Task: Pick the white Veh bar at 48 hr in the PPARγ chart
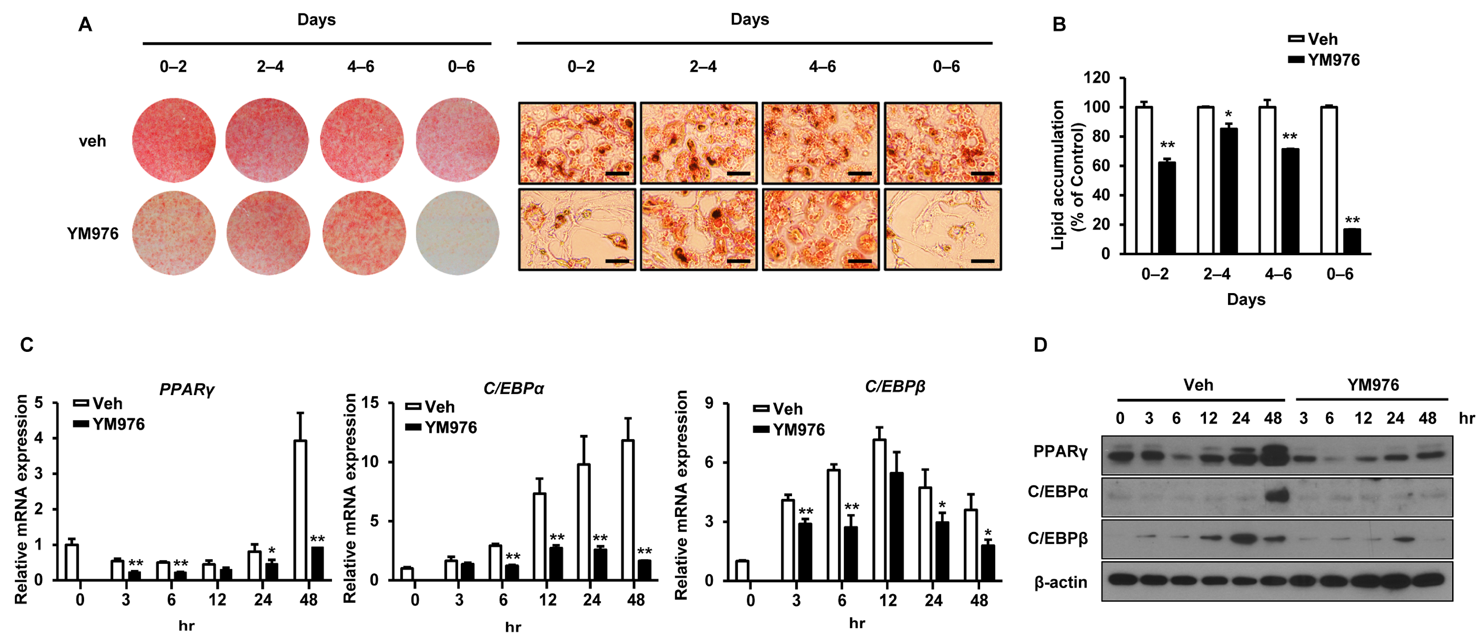pos(300,510)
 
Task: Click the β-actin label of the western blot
pos(1060,582)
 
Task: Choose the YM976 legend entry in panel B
pos(1324,60)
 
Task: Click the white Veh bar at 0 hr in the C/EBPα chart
pos(407,574)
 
